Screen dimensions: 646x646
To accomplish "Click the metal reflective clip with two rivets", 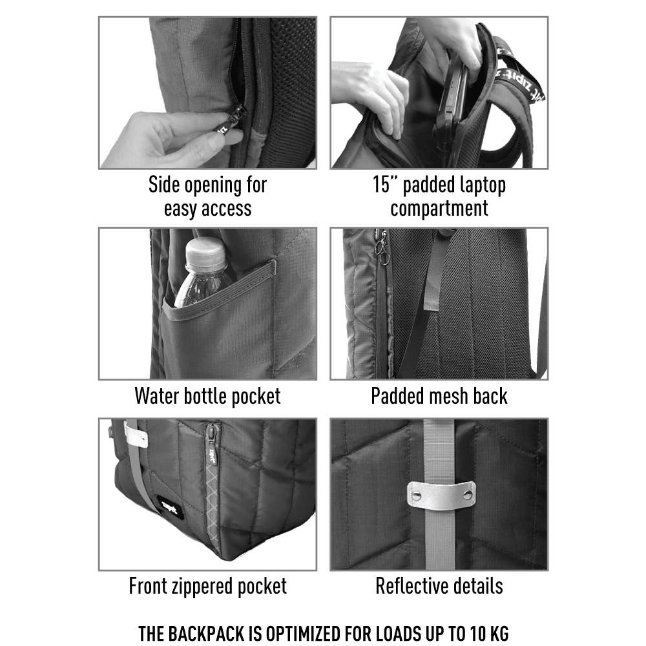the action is pos(441,495).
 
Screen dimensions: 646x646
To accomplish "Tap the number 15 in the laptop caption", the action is pos(380,184).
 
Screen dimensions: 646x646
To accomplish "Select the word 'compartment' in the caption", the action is pos(439,209).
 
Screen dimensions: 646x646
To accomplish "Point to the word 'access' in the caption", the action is pos(225,209).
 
